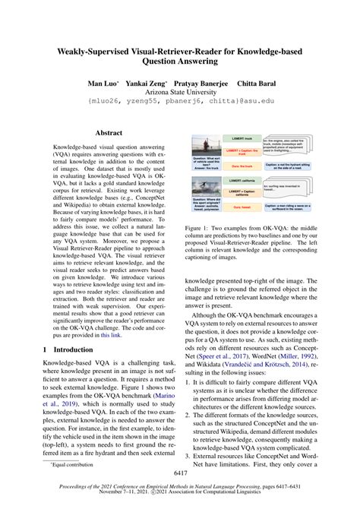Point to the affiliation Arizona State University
(x=179, y=89)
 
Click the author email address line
(x=179, y=100)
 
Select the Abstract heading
(x=108, y=131)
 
